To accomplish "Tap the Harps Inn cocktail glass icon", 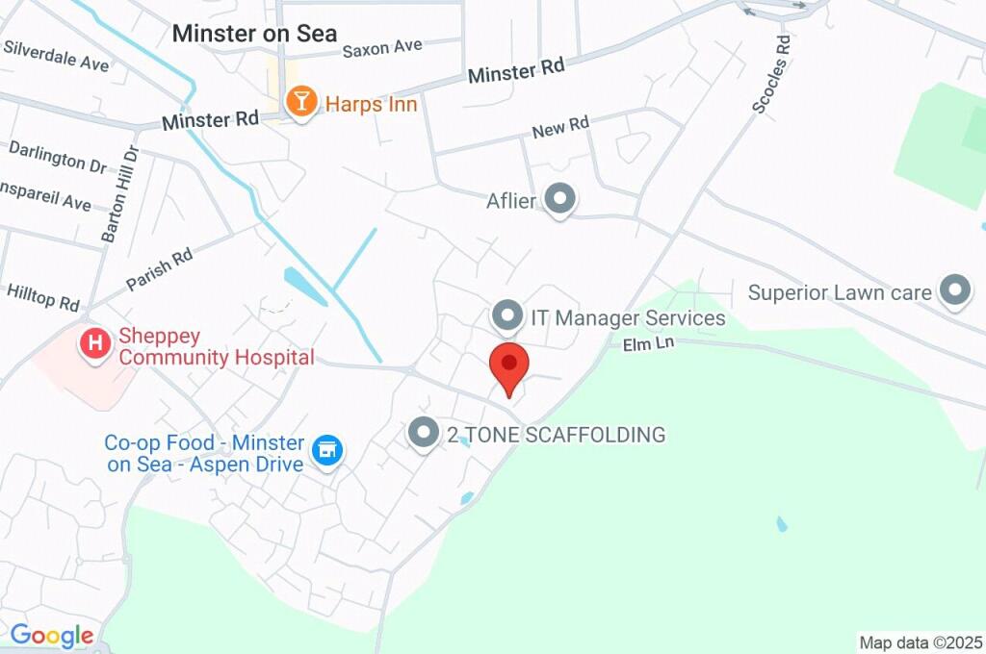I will pyautogui.click(x=301, y=101).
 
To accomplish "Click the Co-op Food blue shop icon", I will pyautogui.click(x=327, y=449).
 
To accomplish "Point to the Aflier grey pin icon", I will pyautogui.click(x=559, y=200).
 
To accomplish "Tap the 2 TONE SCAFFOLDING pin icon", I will pyautogui.click(x=424, y=433).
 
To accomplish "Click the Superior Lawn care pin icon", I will pyautogui.click(x=954, y=289).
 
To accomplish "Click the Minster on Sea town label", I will pyautogui.click(x=254, y=34).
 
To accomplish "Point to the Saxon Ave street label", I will pyautogui.click(x=382, y=47).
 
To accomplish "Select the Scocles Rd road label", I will pyautogui.click(x=772, y=75).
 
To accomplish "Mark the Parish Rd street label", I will pyautogui.click(x=159, y=270).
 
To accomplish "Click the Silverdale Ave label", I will pyautogui.click(x=56, y=56).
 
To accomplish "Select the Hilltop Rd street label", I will pyautogui.click(x=42, y=296).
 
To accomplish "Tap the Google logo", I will pyautogui.click(x=51, y=635).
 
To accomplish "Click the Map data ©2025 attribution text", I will pyautogui.click(x=921, y=642).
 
